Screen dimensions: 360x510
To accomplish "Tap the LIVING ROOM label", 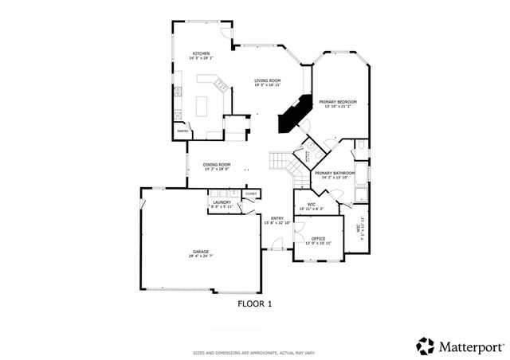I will [268, 80].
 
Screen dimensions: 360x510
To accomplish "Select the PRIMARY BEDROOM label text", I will [337, 102].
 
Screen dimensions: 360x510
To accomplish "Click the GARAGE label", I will [200, 252].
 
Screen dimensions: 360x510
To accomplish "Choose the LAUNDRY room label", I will [222, 202].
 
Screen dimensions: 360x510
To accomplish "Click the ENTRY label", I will [277, 219].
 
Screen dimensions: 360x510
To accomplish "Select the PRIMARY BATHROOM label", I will [334, 173].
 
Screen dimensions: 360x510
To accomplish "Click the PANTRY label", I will [182, 131].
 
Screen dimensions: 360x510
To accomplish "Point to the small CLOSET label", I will [251, 194].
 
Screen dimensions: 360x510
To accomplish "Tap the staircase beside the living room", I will [280, 162].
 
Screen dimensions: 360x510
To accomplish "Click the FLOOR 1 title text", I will [255, 303].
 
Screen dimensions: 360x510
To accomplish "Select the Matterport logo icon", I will [426, 346].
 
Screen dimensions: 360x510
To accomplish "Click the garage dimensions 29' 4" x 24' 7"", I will [200, 256].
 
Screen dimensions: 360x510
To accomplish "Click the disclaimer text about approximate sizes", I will [254, 352].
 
